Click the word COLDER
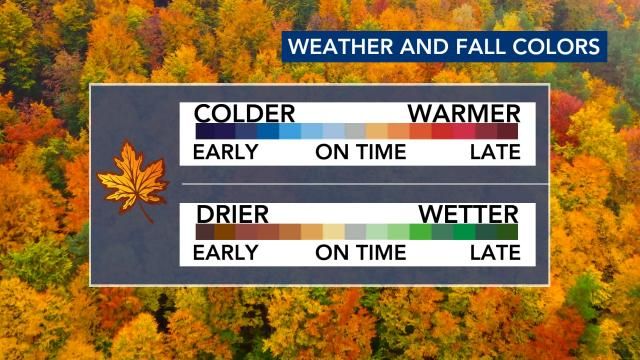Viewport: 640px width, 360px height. (x=244, y=113)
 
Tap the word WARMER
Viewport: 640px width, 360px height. (x=464, y=113)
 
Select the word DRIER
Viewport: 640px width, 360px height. (x=233, y=214)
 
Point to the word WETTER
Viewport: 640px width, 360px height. (x=469, y=214)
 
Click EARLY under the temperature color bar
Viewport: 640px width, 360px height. (x=226, y=152)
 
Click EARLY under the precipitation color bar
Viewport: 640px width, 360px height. (x=226, y=253)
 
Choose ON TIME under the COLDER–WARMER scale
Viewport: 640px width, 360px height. (x=361, y=152)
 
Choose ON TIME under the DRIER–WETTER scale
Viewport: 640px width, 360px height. (x=361, y=253)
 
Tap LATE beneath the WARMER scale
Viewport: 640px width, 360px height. (x=496, y=152)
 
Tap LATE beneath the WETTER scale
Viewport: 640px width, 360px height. (x=496, y=253)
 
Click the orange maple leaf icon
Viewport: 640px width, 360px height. (x=133, y=182)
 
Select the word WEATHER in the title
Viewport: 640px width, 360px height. (x=341, y=46)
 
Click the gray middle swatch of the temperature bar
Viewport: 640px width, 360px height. (x=355, y=131)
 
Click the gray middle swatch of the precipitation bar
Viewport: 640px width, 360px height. (x=356, y=232)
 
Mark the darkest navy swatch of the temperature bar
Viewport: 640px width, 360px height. (x=205, y=131)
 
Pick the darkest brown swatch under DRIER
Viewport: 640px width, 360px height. (x=205, y=232)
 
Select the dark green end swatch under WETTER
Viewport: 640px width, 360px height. (x=508, y=232)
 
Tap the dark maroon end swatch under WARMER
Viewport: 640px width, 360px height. (x=508, y=131)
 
